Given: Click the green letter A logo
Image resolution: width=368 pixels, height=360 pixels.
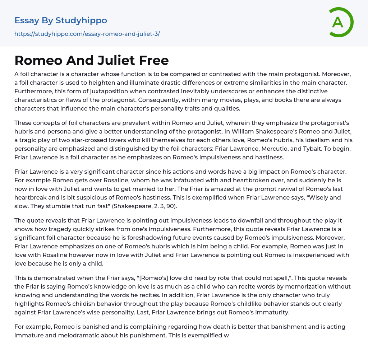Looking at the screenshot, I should (x=340, y=22).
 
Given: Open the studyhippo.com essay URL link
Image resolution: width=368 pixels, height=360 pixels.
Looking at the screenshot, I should (x=87, y=34).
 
